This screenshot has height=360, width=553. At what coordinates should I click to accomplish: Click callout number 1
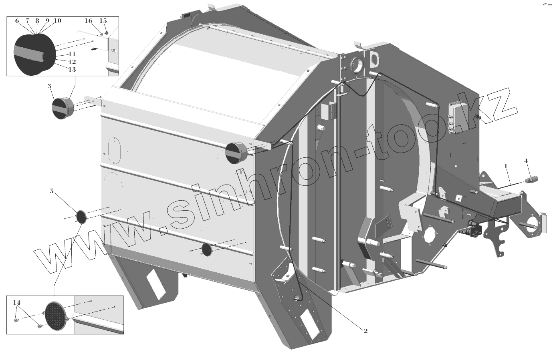506,166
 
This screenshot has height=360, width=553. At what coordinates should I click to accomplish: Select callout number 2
365,331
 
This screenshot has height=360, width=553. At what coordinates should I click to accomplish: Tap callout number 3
49,86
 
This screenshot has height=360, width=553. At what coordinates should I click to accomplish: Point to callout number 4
526,161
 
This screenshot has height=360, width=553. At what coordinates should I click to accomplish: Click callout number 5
52,191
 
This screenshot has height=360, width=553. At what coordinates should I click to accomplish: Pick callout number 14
17,302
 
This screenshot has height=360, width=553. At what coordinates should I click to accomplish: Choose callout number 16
89,21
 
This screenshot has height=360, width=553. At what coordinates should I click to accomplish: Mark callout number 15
103,21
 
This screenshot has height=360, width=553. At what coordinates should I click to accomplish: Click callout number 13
72,70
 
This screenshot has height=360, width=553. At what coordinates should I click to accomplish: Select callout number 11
72,54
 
